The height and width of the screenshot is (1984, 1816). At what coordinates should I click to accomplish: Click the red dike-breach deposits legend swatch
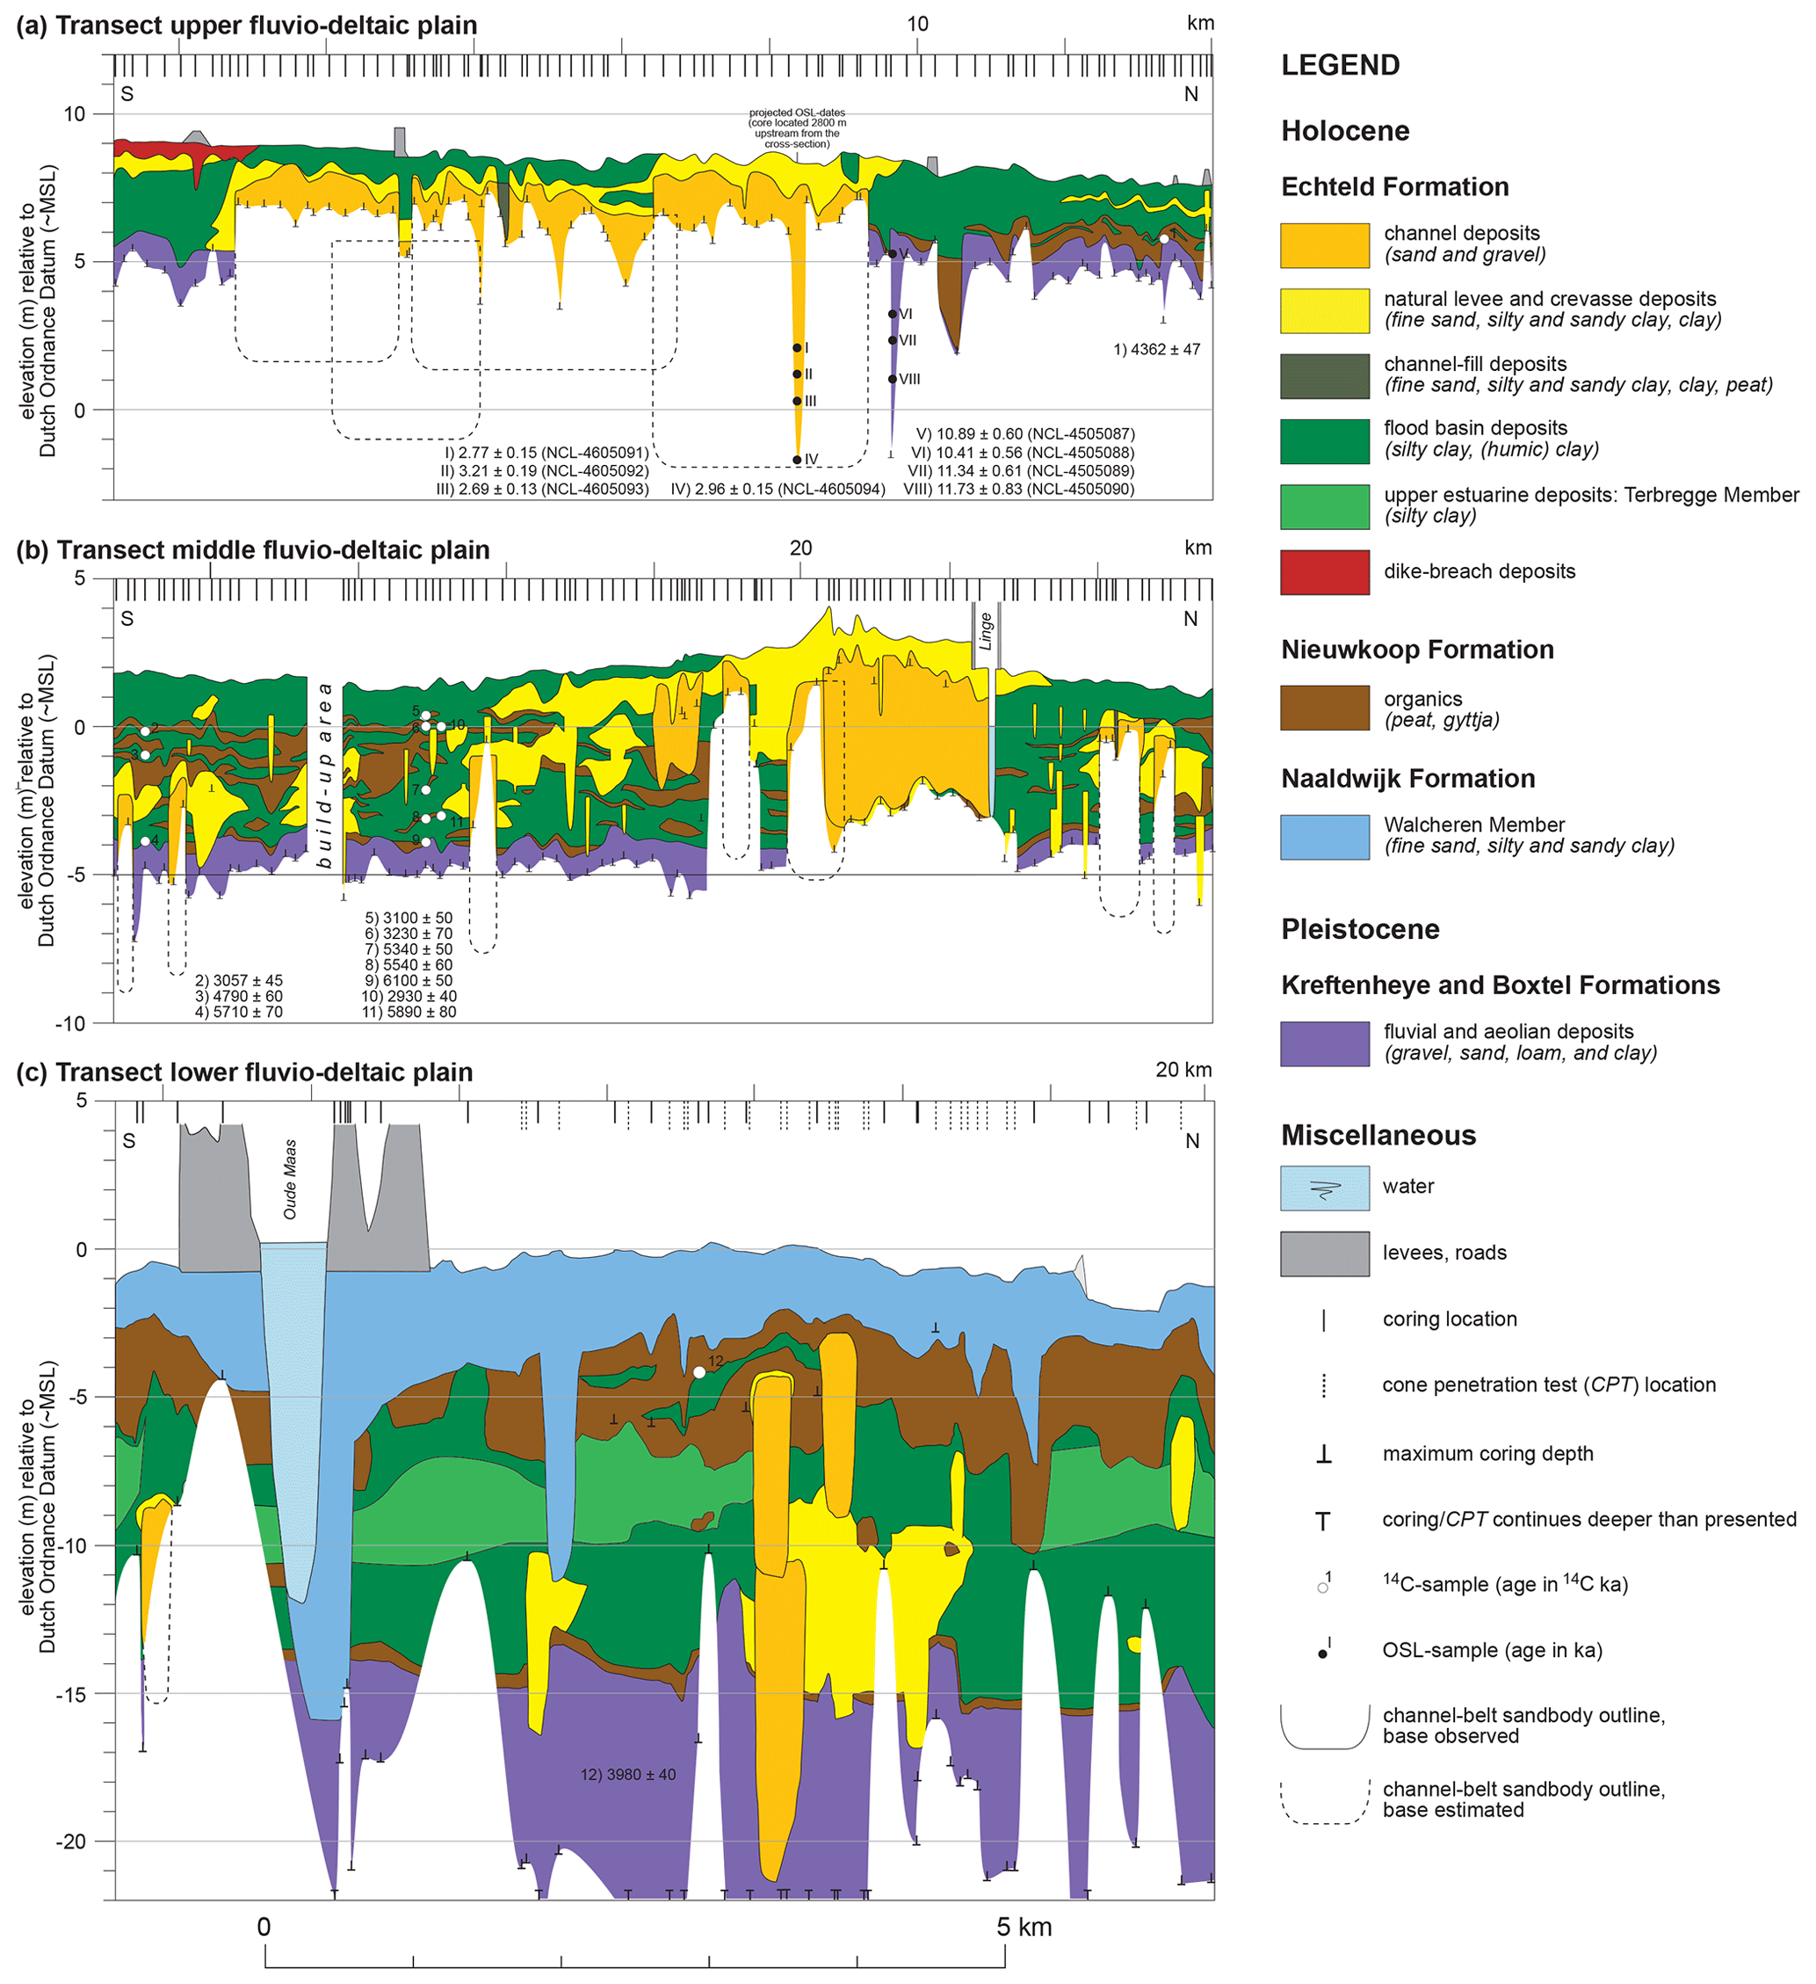click(x=1323, y=571)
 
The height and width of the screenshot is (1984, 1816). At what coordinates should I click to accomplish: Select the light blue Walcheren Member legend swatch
click(x=1323, y=837)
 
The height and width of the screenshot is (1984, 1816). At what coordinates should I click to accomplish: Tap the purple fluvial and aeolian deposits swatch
click(x=1323, y=1043)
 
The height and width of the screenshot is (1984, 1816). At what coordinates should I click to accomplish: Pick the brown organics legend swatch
click(x=1323, y=708)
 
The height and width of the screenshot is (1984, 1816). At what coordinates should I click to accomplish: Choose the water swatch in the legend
click(x=1323, y=1188)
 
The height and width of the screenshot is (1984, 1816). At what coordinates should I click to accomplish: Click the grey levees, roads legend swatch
click(x=1323, y=1254)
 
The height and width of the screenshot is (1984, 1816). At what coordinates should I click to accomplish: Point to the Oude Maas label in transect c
click(x=290, y=1179)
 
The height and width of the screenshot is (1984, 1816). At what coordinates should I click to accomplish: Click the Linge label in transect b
click(x=986, y=631)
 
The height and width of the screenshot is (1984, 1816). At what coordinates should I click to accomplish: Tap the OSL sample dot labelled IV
click(x=797, y=460)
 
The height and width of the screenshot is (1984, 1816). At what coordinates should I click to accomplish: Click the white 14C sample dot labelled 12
click(x=699, y=1372)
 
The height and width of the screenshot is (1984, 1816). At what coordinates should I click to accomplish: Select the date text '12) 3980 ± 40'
click(x=627, y=1775)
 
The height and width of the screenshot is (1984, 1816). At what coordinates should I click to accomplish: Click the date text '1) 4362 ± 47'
click(x=1156, y=349)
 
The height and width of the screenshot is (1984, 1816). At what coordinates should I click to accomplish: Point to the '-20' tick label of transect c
click(x=74, y=1842)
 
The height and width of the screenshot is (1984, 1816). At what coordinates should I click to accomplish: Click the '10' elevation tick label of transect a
click(x=75, y=114)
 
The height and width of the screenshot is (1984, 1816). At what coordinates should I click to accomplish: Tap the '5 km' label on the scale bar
click(x=1024, y=1926)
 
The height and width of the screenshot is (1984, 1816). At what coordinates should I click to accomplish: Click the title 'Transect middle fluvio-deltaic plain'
click(x=272, y=550)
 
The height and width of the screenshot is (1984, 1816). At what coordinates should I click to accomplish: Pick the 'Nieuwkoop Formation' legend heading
click(x=1416, y=650)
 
